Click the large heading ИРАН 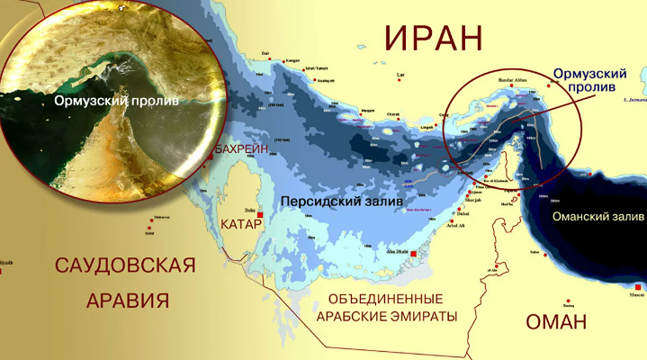click(434, 40)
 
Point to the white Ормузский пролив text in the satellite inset click(115, 101)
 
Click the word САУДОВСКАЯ click(125, 265)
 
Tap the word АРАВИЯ click(126, 300)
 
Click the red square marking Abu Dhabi click(413, 255)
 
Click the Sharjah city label click(474, 200)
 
